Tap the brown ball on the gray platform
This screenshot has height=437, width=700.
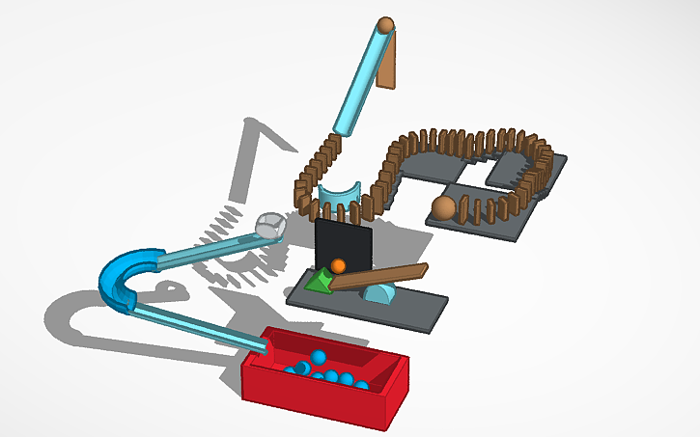pyautogui.click(x=443, y=207)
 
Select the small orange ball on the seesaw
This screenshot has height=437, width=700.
pyautogui.click(x=338, y=265)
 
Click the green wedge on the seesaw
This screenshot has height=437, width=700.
pyautogui.click(x=316, y=281)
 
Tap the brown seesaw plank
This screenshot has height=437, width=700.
pyautogui.click(x=386, y=277)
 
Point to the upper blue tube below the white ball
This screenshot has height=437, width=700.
pyautogui.click(x=203, y=253)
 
